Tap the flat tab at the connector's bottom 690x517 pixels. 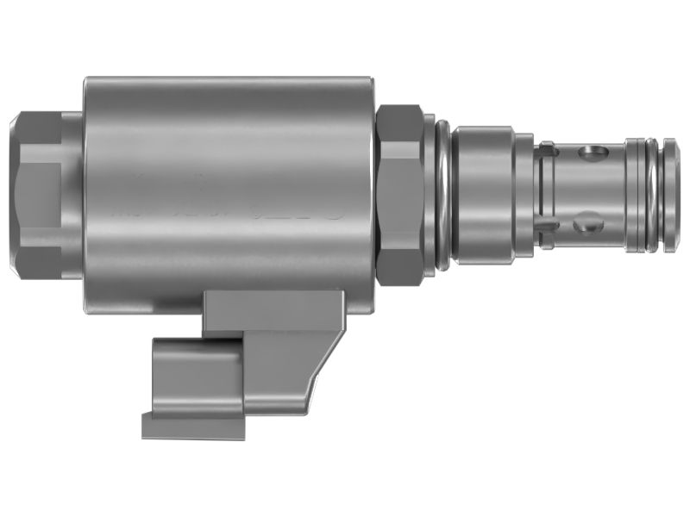[x=193, y=424]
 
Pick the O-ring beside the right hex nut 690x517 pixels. [x=442, y=194]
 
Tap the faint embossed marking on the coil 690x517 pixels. [x=293, y=207]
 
